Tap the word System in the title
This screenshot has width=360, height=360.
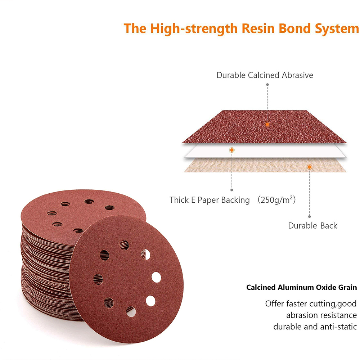(336, 29)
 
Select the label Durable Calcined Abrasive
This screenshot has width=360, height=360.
(265, 75)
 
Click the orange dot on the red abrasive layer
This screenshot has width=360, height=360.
(267, 125)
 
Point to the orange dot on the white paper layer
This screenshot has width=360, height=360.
(232, 150)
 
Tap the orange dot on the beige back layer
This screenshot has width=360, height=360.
(310, 167)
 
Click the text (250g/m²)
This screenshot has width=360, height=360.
(276, 199)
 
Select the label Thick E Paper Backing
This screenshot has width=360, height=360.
(210, 200)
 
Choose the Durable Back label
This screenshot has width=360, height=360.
(312, 225)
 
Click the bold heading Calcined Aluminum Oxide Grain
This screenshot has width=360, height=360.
(301, 287)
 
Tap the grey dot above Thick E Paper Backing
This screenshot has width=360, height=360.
(231, 190)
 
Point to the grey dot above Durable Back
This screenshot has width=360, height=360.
(310, 216)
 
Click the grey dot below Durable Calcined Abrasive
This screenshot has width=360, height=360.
(267, 85)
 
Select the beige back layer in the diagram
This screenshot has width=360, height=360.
(265, 165)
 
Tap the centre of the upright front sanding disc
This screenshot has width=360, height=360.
(126, 279)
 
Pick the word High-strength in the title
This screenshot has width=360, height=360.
(194, 29)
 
